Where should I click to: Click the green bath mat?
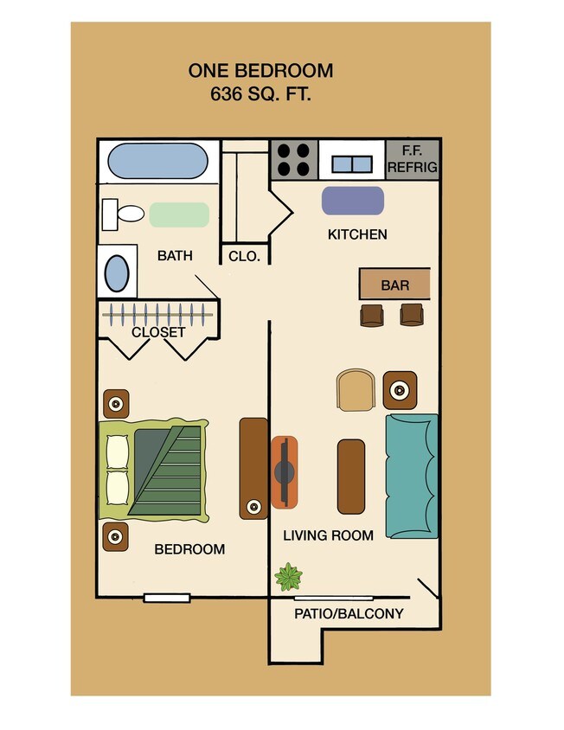click(179, 215)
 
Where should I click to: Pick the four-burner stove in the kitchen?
click(294, 159)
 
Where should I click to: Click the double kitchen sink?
click(352, 163)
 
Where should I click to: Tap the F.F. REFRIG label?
click(413, 160)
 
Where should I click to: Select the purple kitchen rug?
click(353, 201)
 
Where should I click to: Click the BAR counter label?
click(394, 285)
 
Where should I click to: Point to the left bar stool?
click(372, 315)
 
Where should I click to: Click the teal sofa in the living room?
click(412, 475)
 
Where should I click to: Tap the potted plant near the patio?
click(287, 576)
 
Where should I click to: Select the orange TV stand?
click(285, 472)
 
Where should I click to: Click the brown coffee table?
click(350, 476)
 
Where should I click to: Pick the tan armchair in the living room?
click(356, 391)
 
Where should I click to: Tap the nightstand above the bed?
click(116, 403)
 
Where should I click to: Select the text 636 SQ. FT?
click(260, 94)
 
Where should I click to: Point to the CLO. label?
click(245, 256)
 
